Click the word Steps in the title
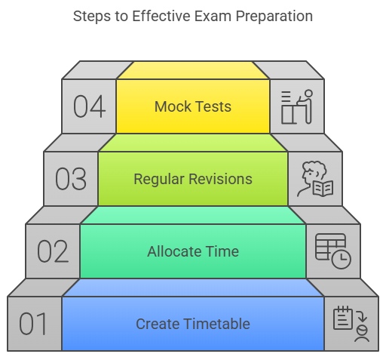92,17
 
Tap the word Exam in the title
213,17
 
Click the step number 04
89,106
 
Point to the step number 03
71,179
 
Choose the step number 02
53,251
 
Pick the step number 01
33,324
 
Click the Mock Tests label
193,106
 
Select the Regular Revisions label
193,180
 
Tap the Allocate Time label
193,251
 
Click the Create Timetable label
193,324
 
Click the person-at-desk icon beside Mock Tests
297,106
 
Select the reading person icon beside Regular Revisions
315,179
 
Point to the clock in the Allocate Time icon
341,259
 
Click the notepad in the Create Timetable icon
343,318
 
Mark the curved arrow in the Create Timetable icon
362,315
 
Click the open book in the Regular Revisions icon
323,188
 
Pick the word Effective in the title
161,17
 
